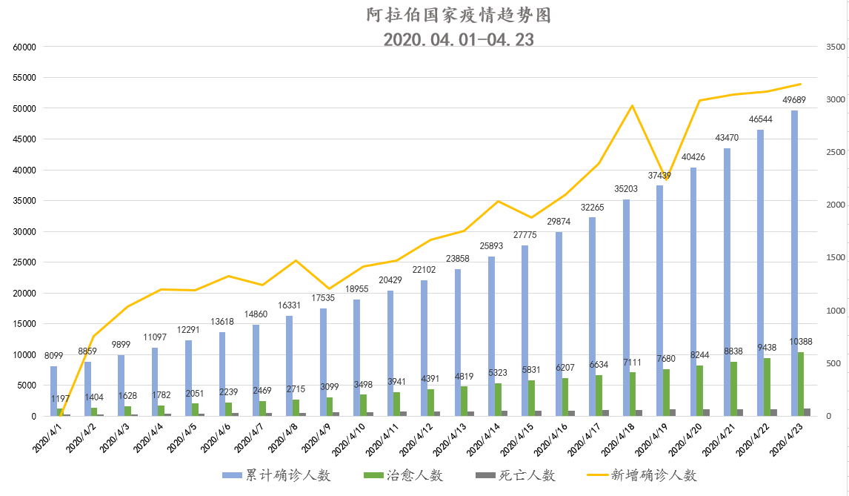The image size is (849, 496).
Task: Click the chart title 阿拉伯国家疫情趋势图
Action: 459,15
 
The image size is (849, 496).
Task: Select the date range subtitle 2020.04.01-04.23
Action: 459,39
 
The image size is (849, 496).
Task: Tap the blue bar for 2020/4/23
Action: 794,263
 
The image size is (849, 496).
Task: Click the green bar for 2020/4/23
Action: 801,384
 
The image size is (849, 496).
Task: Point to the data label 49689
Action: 794,100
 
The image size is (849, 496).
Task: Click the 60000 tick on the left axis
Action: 25,47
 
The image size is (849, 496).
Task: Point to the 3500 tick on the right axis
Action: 836,47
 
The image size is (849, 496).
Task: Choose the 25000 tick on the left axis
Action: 25,262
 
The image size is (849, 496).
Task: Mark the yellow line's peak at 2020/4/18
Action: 632,105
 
